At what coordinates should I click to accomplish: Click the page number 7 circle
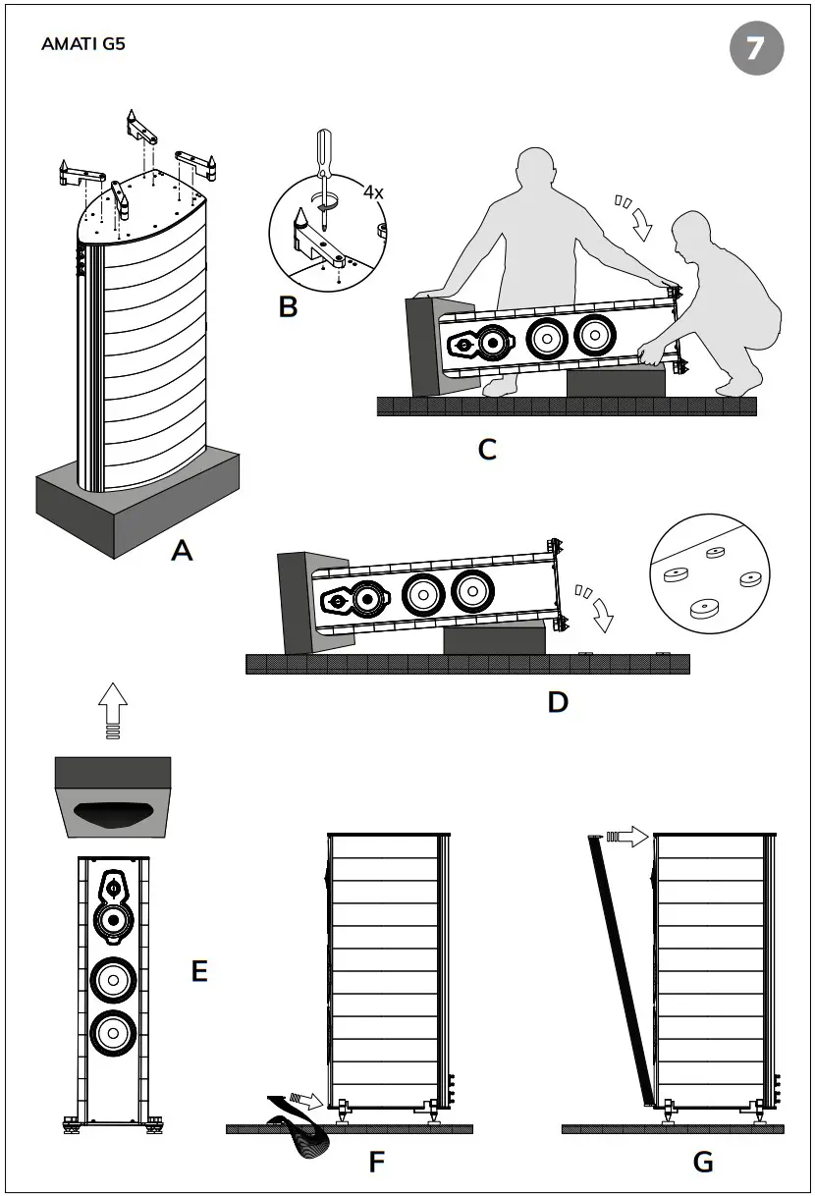click(756, 48)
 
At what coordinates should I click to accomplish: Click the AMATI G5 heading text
click(83, 44)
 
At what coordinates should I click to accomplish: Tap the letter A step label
click(182, 551)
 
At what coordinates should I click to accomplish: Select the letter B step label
click(288, 306)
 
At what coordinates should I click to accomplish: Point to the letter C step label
click(487, 450)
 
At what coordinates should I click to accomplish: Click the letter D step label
click(558, 702)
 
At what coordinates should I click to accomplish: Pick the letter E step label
click(199, 971)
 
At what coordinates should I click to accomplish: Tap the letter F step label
click(376, 1163)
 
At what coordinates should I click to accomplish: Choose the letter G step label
click(703, 1163)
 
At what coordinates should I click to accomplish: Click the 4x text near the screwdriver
click(373, 192)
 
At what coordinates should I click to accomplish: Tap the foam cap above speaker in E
click(113, 795)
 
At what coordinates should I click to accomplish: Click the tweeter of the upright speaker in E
click(113, 889)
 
